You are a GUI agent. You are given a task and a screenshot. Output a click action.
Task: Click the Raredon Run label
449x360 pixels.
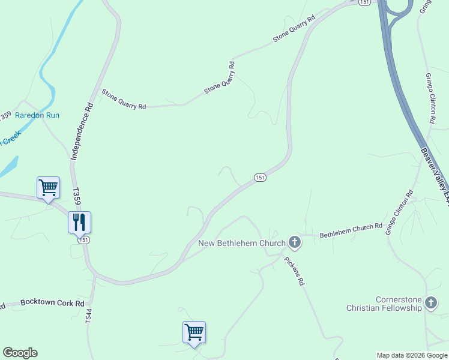tap(37, 115)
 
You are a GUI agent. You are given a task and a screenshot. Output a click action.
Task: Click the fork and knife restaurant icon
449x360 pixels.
tap(79, 222)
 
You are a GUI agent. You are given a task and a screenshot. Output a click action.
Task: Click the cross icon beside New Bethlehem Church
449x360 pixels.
tap(294, 242)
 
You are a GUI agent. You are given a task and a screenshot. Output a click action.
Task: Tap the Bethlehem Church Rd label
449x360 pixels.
tap(351, 230)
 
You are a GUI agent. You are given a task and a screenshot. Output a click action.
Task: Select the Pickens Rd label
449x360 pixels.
tap(294, 271)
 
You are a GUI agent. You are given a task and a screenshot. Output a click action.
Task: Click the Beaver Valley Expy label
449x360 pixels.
tap(435, 176)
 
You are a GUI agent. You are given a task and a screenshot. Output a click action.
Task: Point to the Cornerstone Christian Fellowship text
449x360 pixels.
tap(384, 304)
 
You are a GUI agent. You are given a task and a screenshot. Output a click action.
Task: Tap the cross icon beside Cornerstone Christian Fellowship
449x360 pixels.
tap(430, 303)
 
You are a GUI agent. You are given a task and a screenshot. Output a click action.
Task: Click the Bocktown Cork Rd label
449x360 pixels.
tap(52, 304)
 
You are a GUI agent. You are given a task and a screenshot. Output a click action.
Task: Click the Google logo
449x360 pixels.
tap(20, 353)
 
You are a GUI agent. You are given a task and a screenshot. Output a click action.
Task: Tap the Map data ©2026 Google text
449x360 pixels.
tap(412, 355)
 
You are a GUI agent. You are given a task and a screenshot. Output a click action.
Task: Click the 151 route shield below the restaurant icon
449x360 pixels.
tap(84, 240)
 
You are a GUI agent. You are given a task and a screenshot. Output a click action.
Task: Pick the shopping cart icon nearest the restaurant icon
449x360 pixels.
tap(48, 187)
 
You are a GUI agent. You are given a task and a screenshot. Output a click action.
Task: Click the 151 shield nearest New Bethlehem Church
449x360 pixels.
tap(259, 178)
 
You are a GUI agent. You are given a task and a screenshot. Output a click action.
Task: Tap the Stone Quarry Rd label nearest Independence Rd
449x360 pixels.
tap(124, 100)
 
